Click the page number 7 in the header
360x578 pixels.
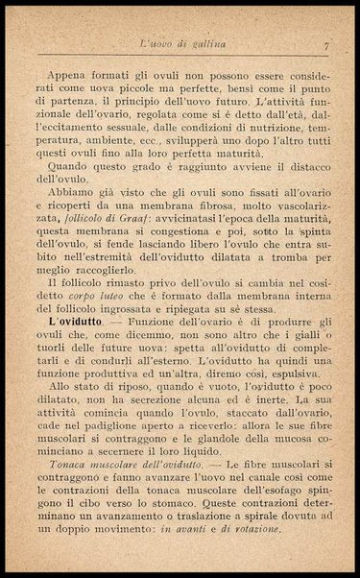[326, 44]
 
